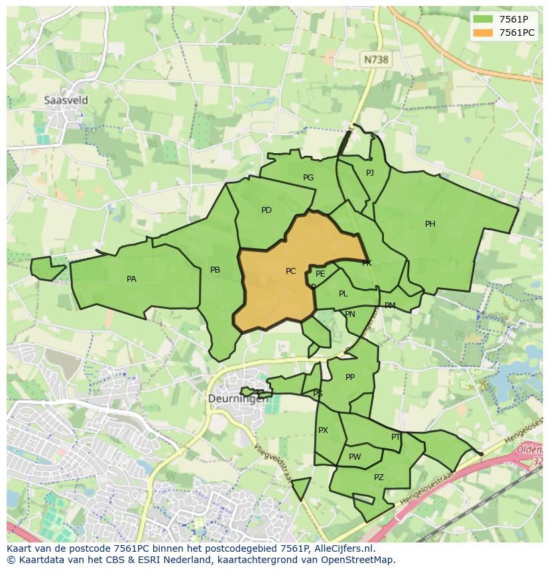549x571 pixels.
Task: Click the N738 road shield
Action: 376,60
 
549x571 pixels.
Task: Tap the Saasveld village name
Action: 66,100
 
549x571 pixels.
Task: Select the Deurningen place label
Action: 238,399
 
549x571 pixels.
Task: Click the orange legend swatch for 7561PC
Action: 483,32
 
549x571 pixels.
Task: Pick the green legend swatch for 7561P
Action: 483,19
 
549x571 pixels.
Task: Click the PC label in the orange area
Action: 290,271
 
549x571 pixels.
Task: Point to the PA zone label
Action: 131,279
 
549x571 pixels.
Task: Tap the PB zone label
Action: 215,270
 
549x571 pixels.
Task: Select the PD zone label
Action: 267,210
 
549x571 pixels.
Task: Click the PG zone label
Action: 308,178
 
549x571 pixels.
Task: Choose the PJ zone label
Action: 370,173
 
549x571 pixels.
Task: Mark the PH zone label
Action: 430,224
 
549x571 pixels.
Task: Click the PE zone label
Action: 320,274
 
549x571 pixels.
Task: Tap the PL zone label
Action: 343,294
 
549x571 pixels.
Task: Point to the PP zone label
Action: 350,377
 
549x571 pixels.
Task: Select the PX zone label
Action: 323,430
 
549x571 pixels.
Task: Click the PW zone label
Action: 355,457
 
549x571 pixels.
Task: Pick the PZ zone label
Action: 379,477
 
